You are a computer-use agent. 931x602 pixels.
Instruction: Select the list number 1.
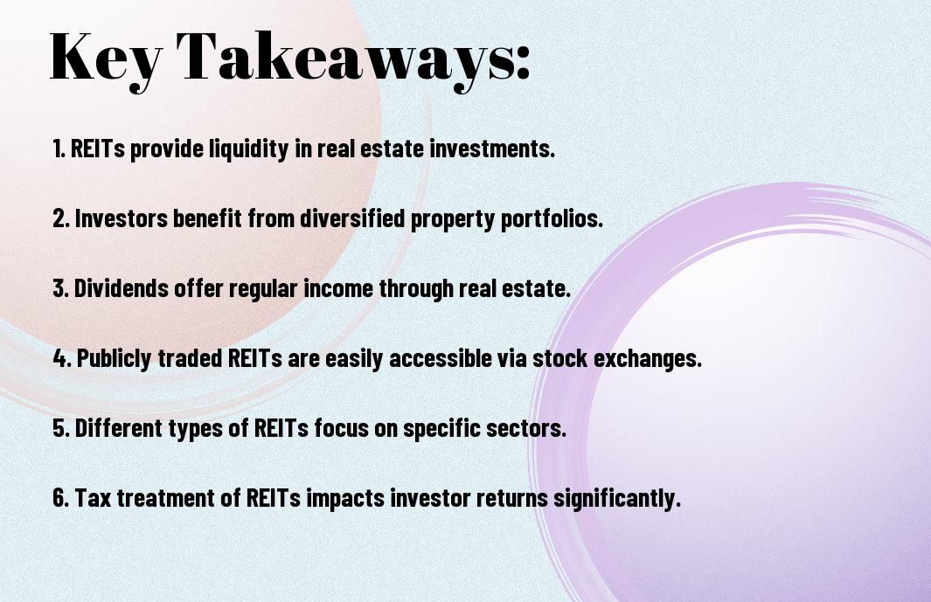pyautogui.click(x=59, y=149)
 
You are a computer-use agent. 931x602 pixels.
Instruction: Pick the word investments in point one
pyautogui.click(x=492, y=149)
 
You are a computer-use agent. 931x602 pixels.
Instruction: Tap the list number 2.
pyautogui.click(x=60, y=218)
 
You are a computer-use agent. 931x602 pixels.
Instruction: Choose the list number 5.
pyautogui.click(x=61, y=428)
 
